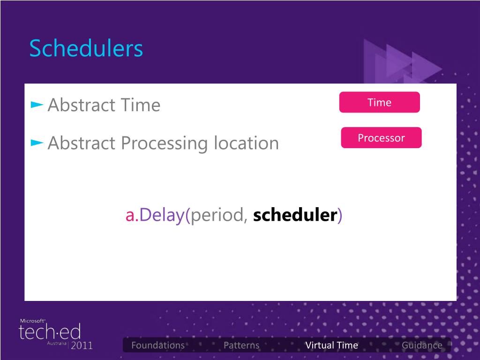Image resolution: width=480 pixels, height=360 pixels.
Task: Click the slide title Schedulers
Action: point(86,48)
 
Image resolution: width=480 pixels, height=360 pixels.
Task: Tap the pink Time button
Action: point(379,102)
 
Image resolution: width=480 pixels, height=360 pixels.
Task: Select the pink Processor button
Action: point(381,138)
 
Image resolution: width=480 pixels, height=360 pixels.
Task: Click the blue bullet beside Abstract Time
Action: point(37,105)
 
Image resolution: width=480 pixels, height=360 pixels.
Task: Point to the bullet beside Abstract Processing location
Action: point(37,142)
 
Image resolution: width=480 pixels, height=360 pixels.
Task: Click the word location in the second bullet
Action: point(246,143)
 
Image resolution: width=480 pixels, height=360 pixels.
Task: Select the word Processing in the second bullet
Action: point(165,144)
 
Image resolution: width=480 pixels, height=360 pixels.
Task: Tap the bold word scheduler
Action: point(295,215)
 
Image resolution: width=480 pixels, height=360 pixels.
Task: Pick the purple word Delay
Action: point(162,216)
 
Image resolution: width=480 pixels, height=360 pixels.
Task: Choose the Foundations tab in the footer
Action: point(158,345)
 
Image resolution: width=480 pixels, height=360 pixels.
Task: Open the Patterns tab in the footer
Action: point(241,345)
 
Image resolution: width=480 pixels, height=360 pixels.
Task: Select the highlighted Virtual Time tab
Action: point(332,345)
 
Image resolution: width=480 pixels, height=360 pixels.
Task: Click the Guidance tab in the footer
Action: point(422,345)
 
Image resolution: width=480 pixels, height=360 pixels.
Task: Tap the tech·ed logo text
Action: point(50,331)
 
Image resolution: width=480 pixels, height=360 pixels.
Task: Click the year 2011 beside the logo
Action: point(82,345)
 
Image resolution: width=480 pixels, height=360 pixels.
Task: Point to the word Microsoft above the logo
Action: point(32,321)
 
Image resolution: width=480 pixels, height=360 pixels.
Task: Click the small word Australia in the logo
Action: point(57,344)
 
